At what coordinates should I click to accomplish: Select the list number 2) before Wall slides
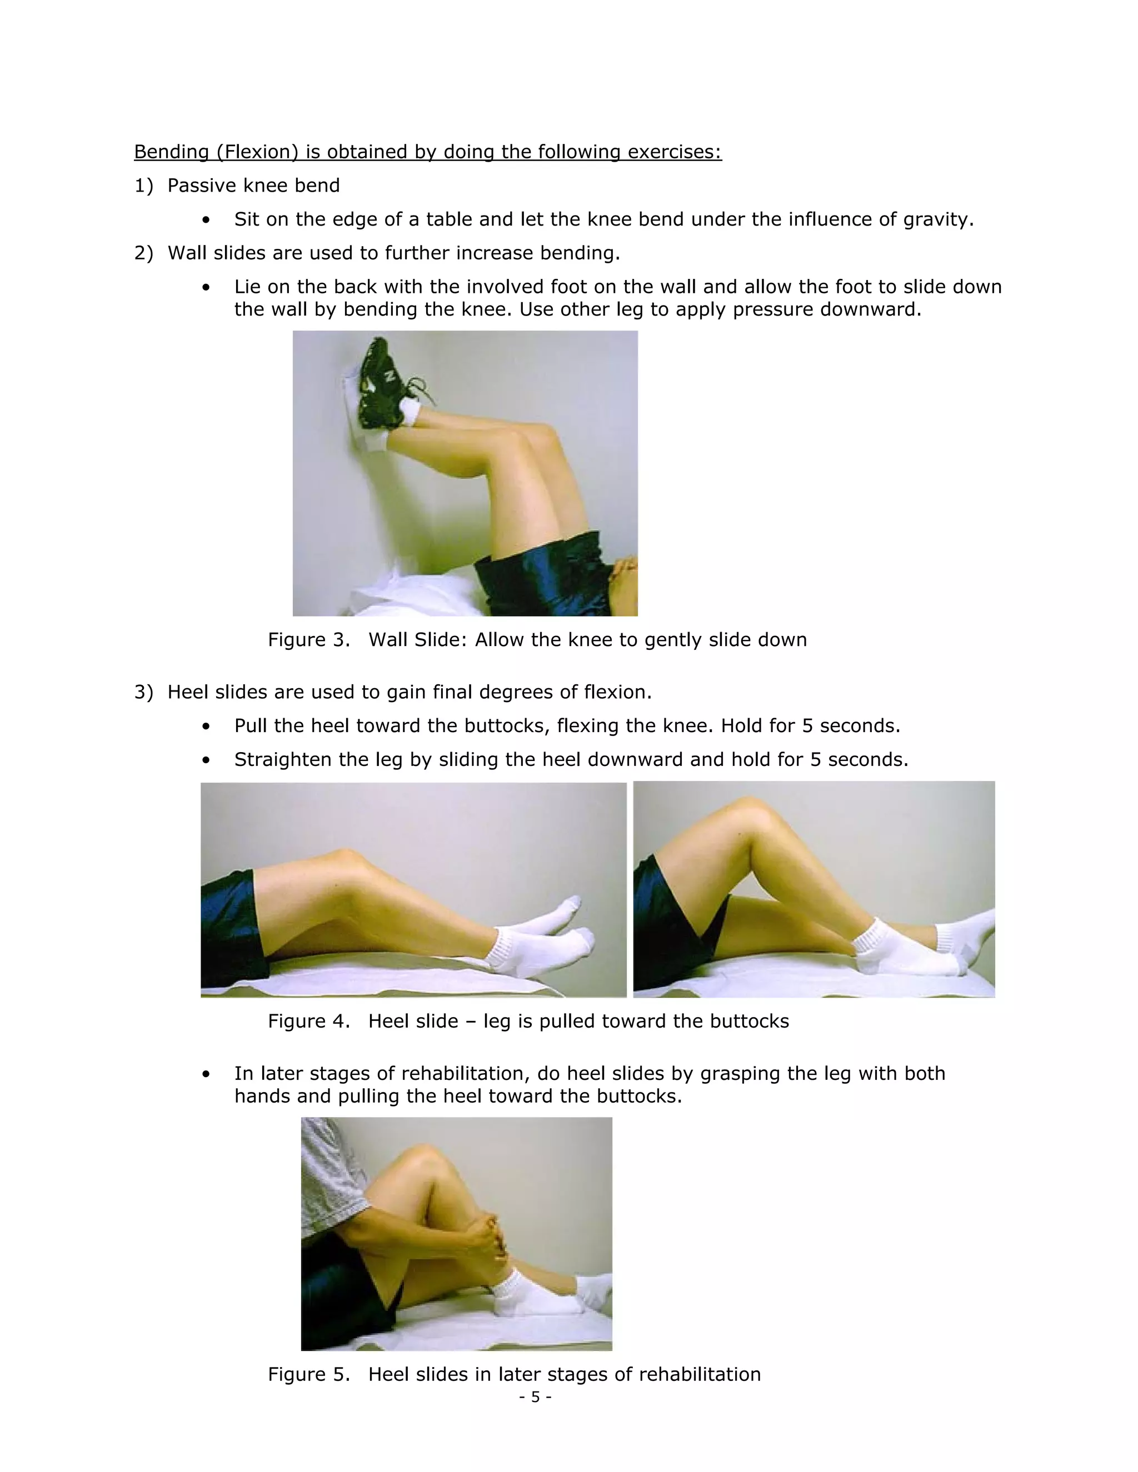coord(143,253)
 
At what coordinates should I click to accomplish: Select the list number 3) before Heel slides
coord(143,692)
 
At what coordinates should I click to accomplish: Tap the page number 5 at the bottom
coord(535,1397)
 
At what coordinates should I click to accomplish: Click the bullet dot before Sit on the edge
coord(206,221)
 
